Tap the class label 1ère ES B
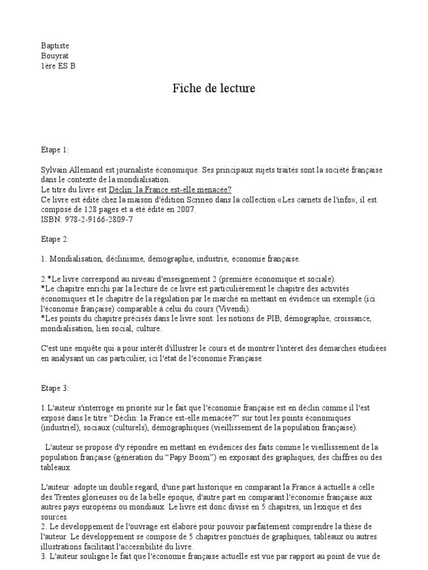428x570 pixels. [x=57, y=66]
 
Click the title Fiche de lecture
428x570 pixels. [x=213, y=89]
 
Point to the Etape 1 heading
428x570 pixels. [x=55, y=150]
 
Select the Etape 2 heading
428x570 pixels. [x=55, y=239]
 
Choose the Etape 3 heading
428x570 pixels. [x=55, y=388]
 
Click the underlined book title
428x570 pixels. [x=170, y=189]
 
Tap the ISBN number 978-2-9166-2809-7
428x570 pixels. [x=98, y=219]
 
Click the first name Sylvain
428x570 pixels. [x=55, y=169]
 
